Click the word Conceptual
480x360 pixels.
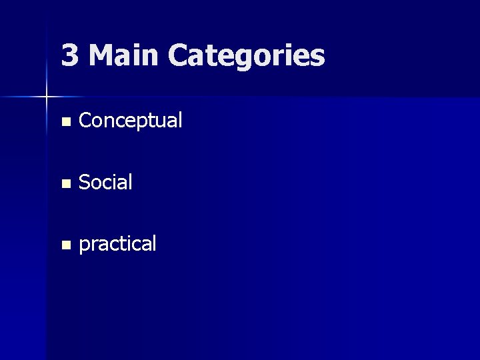(x=130, y=121)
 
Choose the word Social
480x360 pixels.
(x=105, y=182)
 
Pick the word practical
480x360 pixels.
(x=117, y=244)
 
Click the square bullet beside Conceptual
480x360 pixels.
(x=65, y=122)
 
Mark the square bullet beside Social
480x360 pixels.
(x=65, y=183)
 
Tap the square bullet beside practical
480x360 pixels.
(x=65, y=245)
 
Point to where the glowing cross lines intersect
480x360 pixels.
(x=47, y=97)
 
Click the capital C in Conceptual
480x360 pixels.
(x=85, y=121)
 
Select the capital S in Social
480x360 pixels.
(x=84, y=182)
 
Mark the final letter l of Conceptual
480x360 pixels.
(x=179, y=120)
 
